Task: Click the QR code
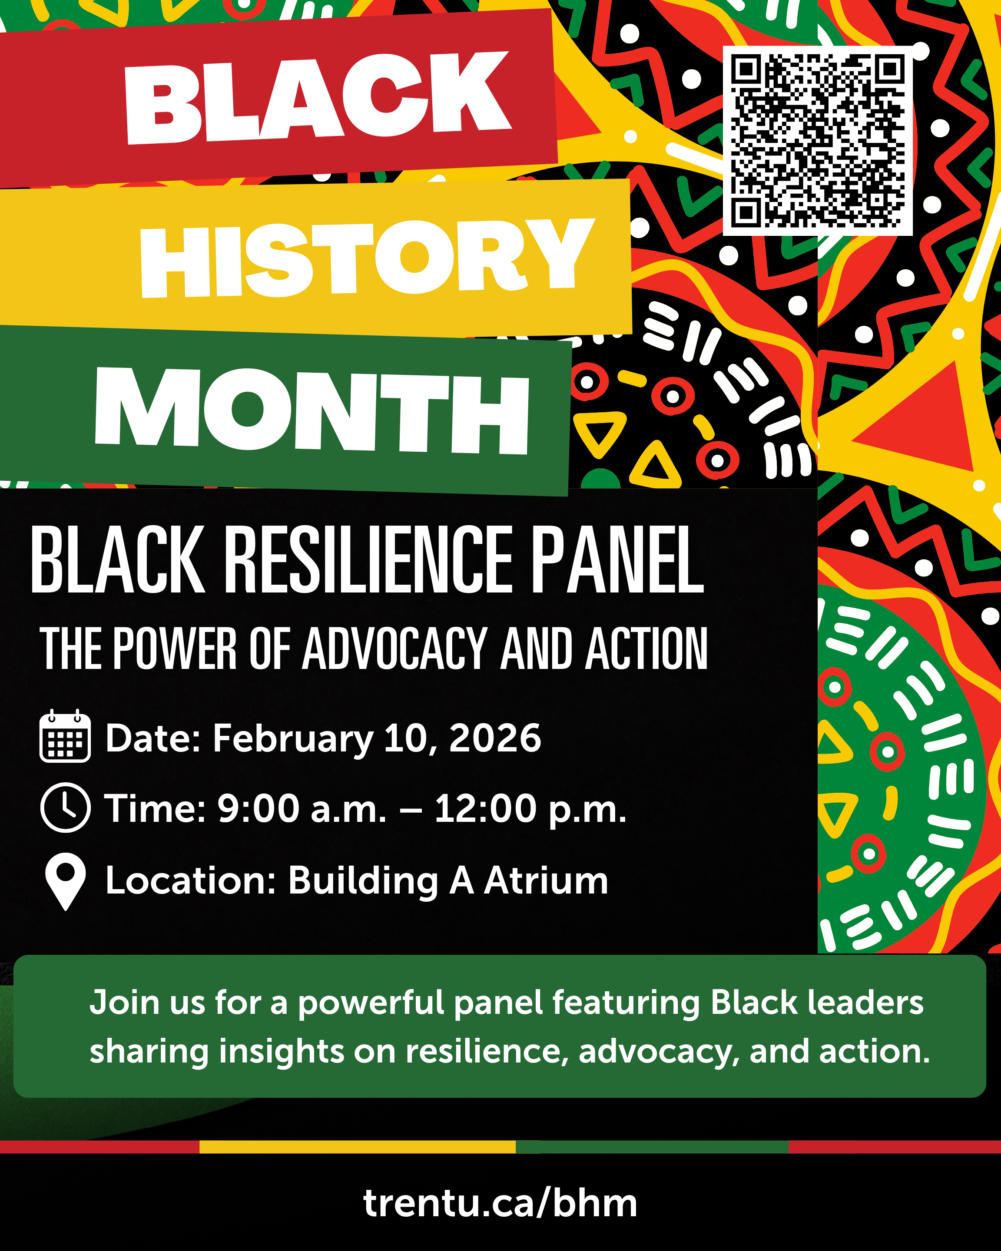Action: [817, 140]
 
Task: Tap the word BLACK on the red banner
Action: [318, 97]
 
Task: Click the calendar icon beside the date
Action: [65, 736]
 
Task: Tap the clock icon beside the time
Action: [66, 808]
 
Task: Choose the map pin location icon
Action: [66, 881]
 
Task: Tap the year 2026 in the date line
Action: [495, 738]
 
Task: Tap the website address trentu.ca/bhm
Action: [500, 1203]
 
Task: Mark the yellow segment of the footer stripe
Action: [358, 1147]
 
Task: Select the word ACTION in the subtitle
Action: [646, 649]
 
